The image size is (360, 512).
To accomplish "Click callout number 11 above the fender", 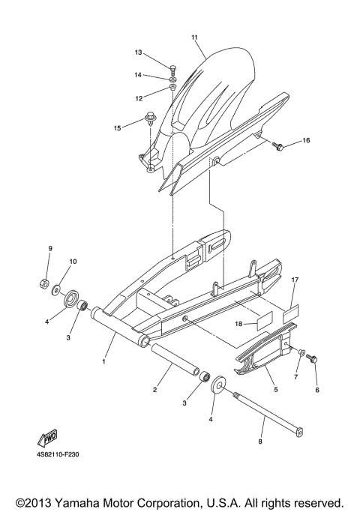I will (194, 37).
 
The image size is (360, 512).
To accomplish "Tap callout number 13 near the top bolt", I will (138, 53).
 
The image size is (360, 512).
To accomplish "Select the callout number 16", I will (305, 140).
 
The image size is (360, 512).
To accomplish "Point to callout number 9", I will (50, 248).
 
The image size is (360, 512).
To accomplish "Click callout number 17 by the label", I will (295, 280).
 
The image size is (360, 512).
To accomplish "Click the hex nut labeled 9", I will (44, 284).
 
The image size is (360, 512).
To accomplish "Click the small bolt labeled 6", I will (313, 361).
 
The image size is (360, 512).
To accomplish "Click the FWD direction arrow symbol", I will (47, 439).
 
